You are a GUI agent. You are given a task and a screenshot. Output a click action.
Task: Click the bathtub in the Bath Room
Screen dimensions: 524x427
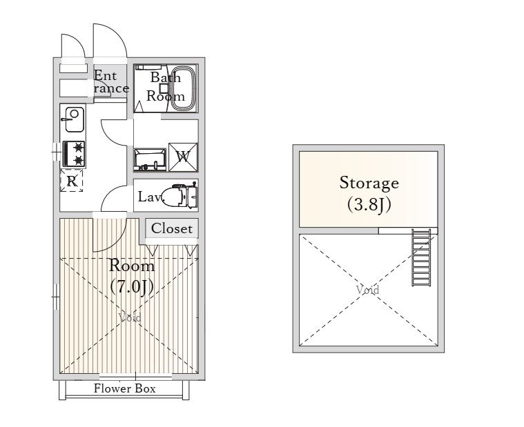[184, 88]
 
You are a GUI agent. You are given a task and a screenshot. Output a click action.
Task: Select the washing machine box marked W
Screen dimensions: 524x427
[183, 157]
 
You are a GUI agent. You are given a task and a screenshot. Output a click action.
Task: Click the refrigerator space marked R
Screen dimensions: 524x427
[72, 181]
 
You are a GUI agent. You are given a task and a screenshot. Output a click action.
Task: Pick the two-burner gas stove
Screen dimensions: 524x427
[74, 154]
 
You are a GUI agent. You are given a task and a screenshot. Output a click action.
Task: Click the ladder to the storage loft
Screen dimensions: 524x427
[421, 257]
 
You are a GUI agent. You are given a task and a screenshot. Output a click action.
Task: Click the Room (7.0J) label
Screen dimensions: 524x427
[132, 277]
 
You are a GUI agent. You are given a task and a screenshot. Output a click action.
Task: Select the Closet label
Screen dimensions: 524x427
[172, 229]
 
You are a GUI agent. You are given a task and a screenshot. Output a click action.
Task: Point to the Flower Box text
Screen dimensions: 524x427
[125, 388]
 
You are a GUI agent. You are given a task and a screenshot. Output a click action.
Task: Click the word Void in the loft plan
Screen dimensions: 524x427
[367, 290]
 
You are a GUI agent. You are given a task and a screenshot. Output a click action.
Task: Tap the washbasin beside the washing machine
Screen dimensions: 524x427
[150, 159]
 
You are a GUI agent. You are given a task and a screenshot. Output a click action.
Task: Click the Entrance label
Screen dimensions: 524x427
[110, 82]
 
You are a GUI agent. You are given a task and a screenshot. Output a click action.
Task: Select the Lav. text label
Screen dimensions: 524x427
[149, 197]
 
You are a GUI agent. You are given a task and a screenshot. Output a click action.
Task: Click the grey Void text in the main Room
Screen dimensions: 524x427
[130, 317]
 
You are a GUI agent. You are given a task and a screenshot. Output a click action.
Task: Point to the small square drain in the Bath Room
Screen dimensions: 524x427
[164, 88]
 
